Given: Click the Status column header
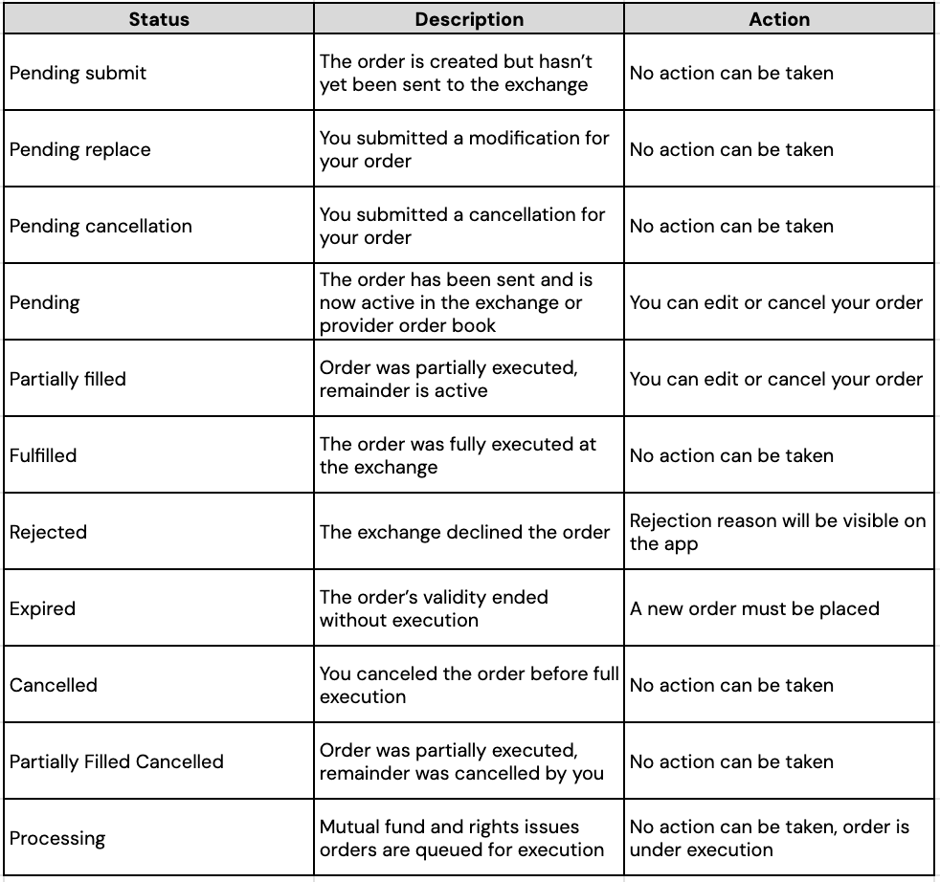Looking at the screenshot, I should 158,19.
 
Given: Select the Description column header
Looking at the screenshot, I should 469,19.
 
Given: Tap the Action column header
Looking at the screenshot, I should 779,19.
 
